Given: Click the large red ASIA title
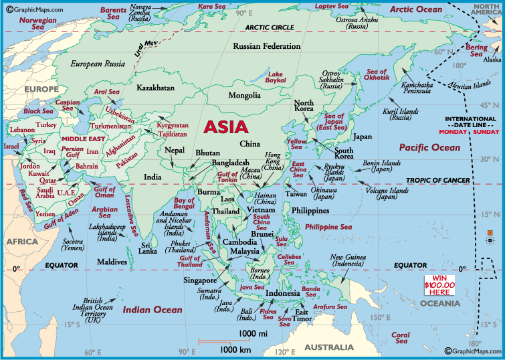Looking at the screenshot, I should (225, 126).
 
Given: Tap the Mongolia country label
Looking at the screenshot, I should (244, 96).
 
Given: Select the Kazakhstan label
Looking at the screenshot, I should (155, 88).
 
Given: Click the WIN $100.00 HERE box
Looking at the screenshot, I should (439, 285).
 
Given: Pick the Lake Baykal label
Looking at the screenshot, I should (276, 76).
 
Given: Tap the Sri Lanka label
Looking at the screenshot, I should (148, 249).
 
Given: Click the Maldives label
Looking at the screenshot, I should (112, 262).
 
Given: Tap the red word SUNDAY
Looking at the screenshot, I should (486, 132).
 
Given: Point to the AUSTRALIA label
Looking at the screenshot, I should (328, 347).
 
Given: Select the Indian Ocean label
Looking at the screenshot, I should (152, 309).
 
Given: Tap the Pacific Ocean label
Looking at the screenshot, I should (429, 147).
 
